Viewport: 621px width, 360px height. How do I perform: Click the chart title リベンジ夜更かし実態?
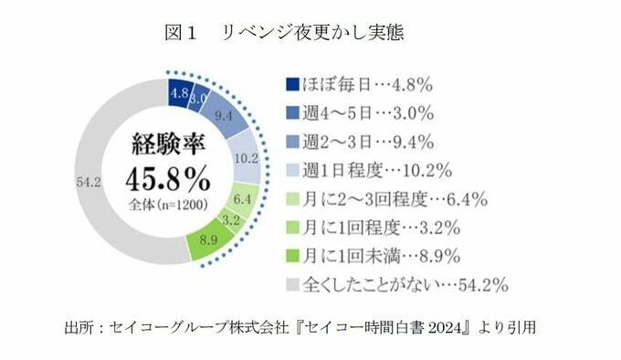(312, 33)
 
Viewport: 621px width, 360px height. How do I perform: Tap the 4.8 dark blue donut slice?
(180, 92)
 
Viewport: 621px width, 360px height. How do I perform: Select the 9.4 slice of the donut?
(225, 115)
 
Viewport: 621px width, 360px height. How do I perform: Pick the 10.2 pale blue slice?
(245, 157)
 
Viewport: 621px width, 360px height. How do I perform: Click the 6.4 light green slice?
(243, 200)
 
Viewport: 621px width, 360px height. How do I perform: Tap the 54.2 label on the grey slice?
(89, 183)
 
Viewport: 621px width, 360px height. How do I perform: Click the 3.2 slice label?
(230, 220)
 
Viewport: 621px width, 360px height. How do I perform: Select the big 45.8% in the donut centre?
(167, 180)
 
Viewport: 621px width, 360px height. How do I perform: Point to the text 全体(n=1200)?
(168, 205)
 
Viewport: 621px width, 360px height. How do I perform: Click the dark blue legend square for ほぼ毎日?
(292, 84)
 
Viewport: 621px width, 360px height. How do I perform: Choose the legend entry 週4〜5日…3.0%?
(368, 113)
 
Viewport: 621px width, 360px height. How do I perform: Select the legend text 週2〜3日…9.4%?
(368, 143)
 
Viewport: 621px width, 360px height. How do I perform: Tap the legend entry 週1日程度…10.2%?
(377, 171)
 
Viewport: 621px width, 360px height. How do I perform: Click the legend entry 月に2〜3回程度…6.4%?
(395, 199)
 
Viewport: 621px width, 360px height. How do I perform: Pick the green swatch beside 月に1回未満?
(292, 256)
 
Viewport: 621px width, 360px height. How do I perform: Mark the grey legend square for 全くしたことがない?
(292, 284)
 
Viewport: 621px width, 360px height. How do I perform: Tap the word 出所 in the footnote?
(79, 328)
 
